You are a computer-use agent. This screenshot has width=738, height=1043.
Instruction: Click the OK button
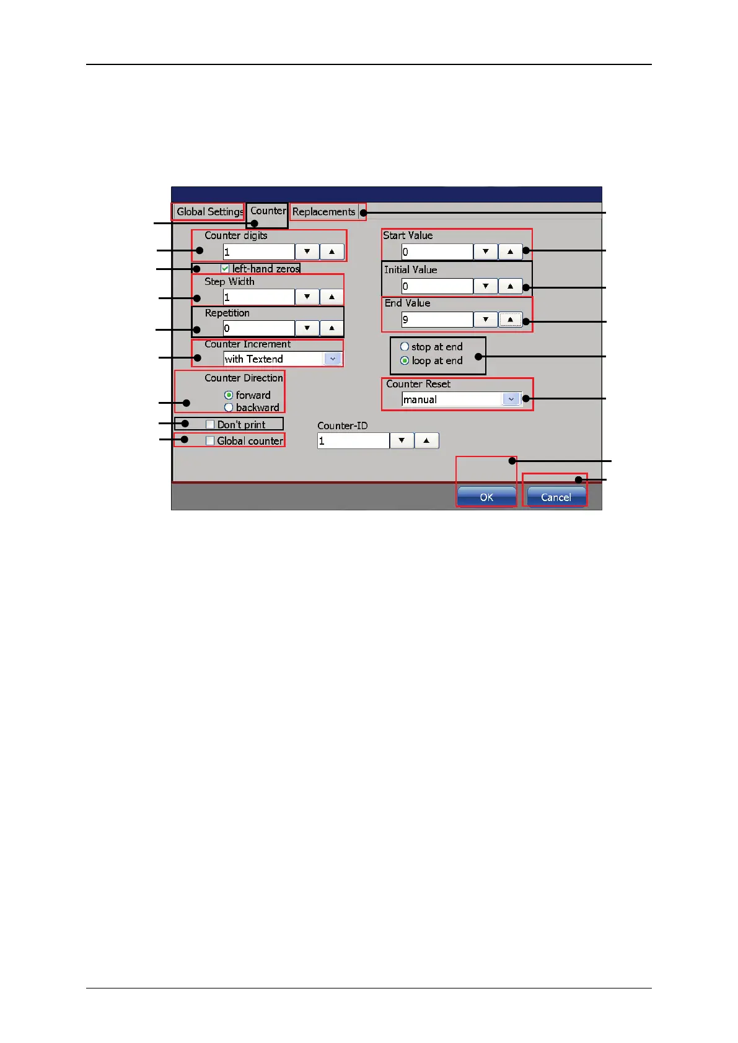coord(486,497)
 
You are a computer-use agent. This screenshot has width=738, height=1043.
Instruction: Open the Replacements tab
coord(323,212)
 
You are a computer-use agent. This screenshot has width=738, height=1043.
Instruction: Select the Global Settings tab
coord(209,212)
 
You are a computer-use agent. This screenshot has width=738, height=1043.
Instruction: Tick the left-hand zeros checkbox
coord(226,269)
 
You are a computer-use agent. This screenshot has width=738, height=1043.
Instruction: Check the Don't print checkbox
coord(210,425)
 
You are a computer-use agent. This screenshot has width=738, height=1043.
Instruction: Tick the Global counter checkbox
coord(210,441)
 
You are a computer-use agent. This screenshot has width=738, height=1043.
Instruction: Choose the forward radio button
coord(229,395)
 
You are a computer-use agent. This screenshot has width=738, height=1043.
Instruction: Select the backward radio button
coord(229,408)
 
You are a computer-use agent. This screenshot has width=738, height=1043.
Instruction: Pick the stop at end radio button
coord(405,347)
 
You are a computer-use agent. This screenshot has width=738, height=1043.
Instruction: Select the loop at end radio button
coord(405,360)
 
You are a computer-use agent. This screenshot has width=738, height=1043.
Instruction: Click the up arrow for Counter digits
coord(332,251)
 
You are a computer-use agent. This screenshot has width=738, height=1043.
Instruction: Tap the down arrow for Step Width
coord(307,297)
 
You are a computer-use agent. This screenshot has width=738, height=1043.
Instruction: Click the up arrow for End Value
coord(510,320)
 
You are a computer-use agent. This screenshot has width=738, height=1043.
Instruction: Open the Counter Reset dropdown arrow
coord(511,399)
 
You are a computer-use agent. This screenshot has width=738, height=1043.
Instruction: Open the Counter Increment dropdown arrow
coord(333,359)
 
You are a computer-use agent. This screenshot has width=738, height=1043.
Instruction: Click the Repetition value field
coord(258,328)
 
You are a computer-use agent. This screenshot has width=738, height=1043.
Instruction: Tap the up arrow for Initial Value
coord(510,286)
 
